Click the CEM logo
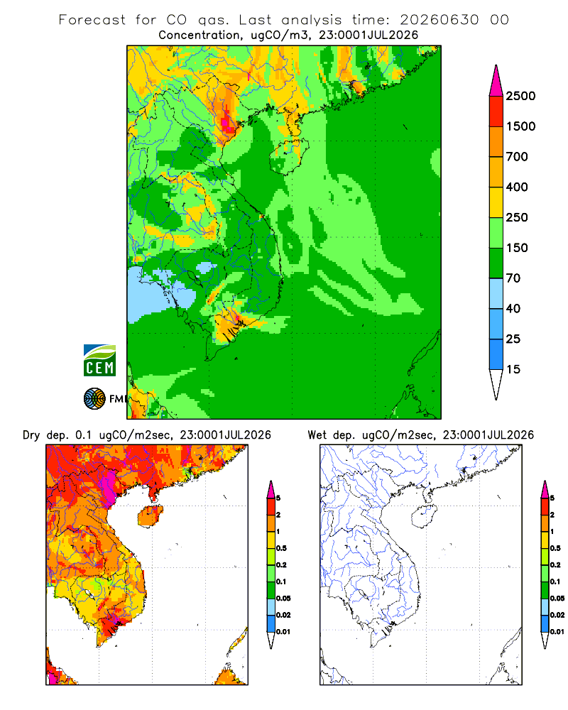(x=99, y=361)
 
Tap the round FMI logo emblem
(x=94, y=399)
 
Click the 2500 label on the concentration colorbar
(x=520, y=96)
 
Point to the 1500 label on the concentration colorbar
(x=520, y=126)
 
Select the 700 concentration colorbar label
(x=517, y=157)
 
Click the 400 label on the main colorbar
(x=517, y=187)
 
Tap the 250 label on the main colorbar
(x=517, y=217)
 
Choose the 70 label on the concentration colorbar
(x=513, y=278)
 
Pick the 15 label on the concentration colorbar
(x=513, y=369)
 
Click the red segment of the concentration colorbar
(x=496, y=111)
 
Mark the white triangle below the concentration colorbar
(x=496, y=383)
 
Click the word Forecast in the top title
(x=92, y=20)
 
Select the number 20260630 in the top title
(x=439, y=20)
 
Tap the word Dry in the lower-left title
(x=31, y=435)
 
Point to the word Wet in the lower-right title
(x=317, y=435)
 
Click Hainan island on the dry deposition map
(x=151, y=517)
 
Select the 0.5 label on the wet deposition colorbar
(x=555, y=548)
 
